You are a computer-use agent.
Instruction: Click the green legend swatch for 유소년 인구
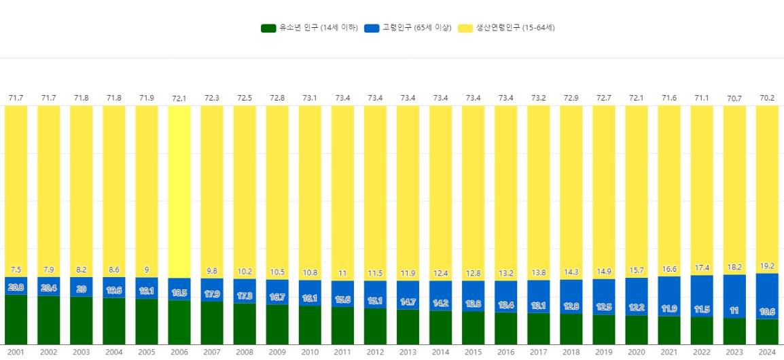pyautogui.click(x=269, y=28)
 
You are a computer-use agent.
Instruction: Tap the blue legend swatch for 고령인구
pyautogui.click(x=372, y=28)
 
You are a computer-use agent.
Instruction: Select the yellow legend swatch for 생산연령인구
pyautogui.click(x=465, y=28)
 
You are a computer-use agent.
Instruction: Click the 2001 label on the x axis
pyautogui.click(x=16, y=352)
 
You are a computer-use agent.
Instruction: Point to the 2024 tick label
pyautogui.click(x=767, y=352)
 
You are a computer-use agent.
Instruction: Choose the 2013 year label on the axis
pyautogui.click(x=408, y=352)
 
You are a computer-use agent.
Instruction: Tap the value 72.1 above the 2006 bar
pyautogui.click(x=179, y=98)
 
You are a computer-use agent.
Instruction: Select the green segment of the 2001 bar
pyautogui.click(x=16, y=319)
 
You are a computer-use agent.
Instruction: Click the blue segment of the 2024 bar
pyautogui.click(x=767, y=285)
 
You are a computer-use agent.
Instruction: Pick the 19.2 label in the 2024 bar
pyautogui.click(x=767, y=266)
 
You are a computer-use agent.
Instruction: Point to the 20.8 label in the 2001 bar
pyautogui.click(x=16, y=287)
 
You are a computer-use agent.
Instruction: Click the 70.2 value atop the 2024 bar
pyautogui.click(x=767, y=98)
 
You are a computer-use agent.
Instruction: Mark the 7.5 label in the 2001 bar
pyautogui.click(x=16, y=270)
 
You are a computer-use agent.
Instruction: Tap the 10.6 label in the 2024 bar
pyautogui.click(x=767, y=312)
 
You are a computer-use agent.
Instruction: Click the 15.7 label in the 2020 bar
pyautogui.click(x=637, y=271)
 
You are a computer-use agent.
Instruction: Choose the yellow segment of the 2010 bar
pyautogui.click(x=310, y=190)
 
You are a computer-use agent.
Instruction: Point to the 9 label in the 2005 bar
pyautogui.click(x=147, y=270)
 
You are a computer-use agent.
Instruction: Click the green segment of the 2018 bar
pyautogui.click(x=571, y=329)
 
